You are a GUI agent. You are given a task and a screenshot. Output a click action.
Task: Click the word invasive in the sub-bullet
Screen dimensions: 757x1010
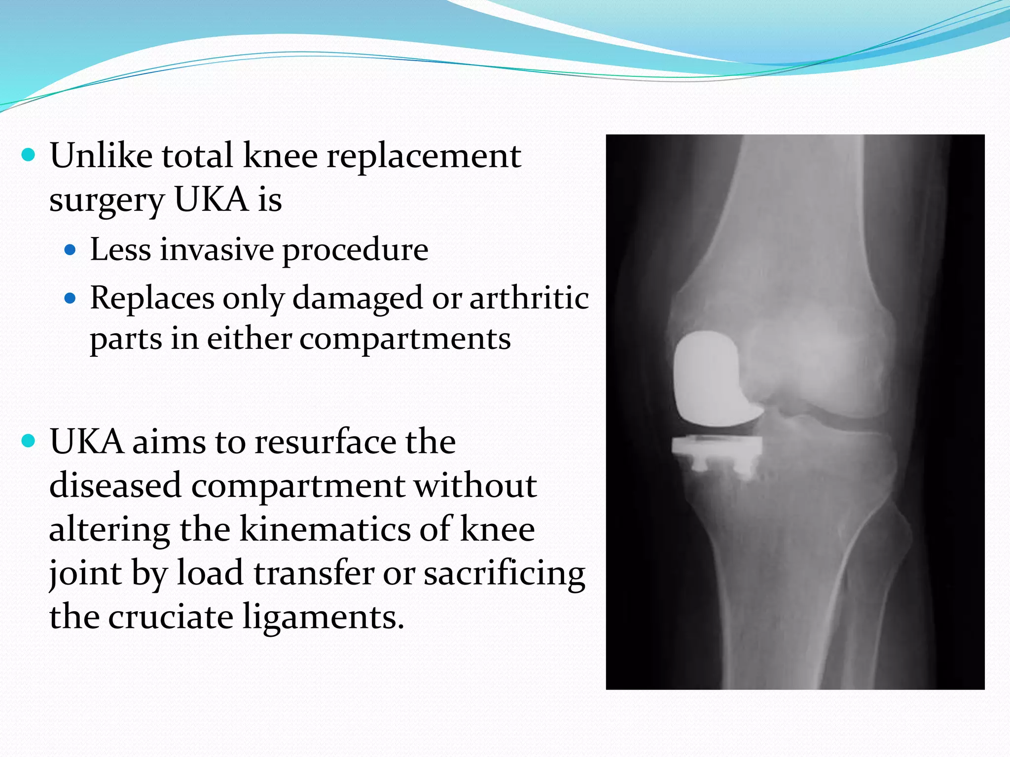[217, 249]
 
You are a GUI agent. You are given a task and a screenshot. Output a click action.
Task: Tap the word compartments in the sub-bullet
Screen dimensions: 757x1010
[405, 339]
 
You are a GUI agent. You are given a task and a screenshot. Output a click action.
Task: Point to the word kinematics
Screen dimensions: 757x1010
[325, 529]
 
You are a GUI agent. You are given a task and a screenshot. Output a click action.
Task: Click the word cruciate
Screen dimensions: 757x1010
[171, 617]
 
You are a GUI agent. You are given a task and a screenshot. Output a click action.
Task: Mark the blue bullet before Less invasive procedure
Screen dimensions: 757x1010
[71, 250]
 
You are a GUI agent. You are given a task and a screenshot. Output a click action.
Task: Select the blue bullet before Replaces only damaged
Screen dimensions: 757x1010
[71, 298]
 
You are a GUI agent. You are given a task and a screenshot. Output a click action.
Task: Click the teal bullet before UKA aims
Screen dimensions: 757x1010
[29, 441]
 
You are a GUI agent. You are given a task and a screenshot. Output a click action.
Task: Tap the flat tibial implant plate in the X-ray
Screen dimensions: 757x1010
[716, 446]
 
